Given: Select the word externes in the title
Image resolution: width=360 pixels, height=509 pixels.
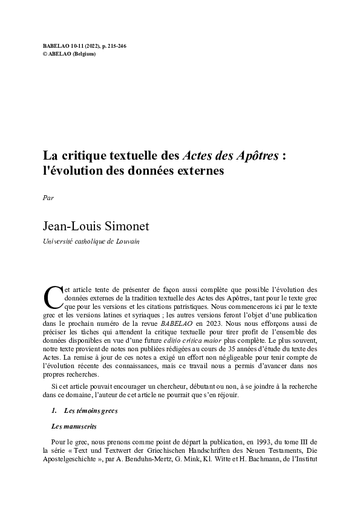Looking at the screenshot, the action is coord(196,170).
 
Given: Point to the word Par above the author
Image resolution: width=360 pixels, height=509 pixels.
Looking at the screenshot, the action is coord(48,197).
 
